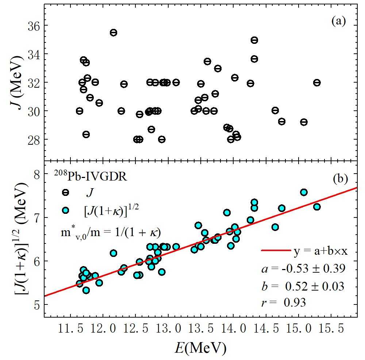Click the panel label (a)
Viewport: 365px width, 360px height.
click(x=338, y=22)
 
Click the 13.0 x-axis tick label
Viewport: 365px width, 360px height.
click(x=168, y=330)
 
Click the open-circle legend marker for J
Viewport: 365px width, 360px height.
click(x=66, y=192)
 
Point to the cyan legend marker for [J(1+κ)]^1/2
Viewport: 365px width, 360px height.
click(x=66, y=210)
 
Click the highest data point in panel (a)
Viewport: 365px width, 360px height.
click(x=114, y=33)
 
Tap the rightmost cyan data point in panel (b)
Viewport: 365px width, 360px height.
click(x=317, y=207)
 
